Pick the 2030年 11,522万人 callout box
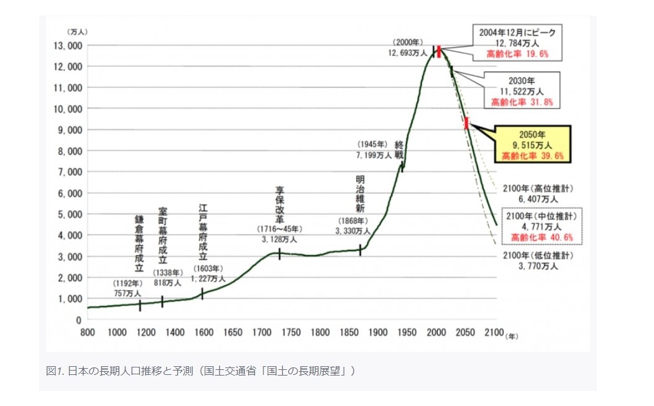click(522, 91)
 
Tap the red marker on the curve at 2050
click(466, 122)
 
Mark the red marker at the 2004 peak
click(438, 52)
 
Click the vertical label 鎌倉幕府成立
click(139, 244)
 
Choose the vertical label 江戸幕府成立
click(203, 232)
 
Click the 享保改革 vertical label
click(279, 204)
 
